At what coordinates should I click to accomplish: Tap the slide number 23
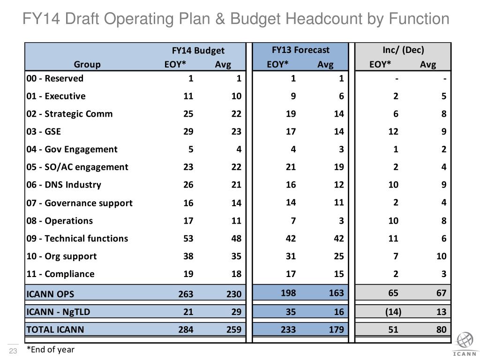(x=13, y=351)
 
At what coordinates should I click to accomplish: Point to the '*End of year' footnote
(x=51, y=350)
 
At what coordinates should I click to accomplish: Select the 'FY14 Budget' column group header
(x=198, y=50)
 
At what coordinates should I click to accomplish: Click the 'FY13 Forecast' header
(x=300, y=50)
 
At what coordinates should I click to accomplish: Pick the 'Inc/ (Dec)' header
(x=403, y=50)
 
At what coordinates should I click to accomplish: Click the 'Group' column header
(x=87, y=65)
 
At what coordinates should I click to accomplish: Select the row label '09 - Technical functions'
(x=77, y=239)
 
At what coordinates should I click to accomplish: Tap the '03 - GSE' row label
(x=44, y=132)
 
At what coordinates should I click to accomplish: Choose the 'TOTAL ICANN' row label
(x=55, y=330)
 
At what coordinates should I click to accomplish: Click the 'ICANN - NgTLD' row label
(x=58, y=312)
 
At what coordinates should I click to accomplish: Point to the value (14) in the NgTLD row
(x=393, y=312)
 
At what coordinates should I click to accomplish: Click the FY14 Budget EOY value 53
(x=188, y=239)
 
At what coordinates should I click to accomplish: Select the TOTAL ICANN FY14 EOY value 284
(x=186, y=330)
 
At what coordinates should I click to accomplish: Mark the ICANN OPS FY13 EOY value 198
(x=288, y=293)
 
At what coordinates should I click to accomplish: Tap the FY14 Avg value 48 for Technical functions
(x=236, y=239)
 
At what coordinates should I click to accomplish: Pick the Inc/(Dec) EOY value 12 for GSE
(x=393, y=132)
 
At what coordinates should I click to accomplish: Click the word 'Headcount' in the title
(x=324, y=18)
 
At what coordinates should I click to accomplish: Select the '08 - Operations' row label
(x=60, y=221)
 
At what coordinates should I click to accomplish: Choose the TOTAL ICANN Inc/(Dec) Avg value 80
(x=441, y=330)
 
